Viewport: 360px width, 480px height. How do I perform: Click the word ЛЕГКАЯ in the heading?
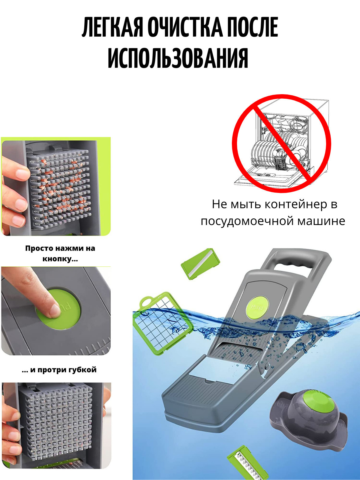point(112,27)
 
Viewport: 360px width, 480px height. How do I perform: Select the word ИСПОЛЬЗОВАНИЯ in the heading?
point(178,58)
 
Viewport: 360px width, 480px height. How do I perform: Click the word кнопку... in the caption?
point(60,259)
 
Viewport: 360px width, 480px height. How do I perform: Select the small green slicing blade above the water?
point(200,264)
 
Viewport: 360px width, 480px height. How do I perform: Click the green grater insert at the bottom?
point(247,464)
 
